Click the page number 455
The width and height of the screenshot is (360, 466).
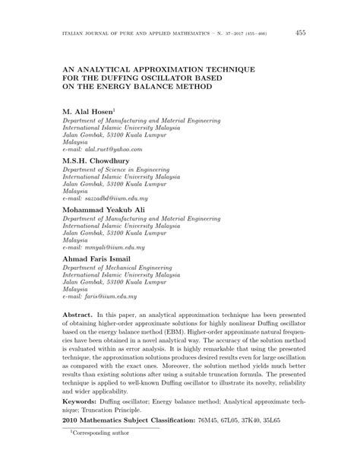pyautogui.click(x=301, y=33)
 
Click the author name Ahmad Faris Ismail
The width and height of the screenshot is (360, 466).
pyautogui.click(x=99, y=259)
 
